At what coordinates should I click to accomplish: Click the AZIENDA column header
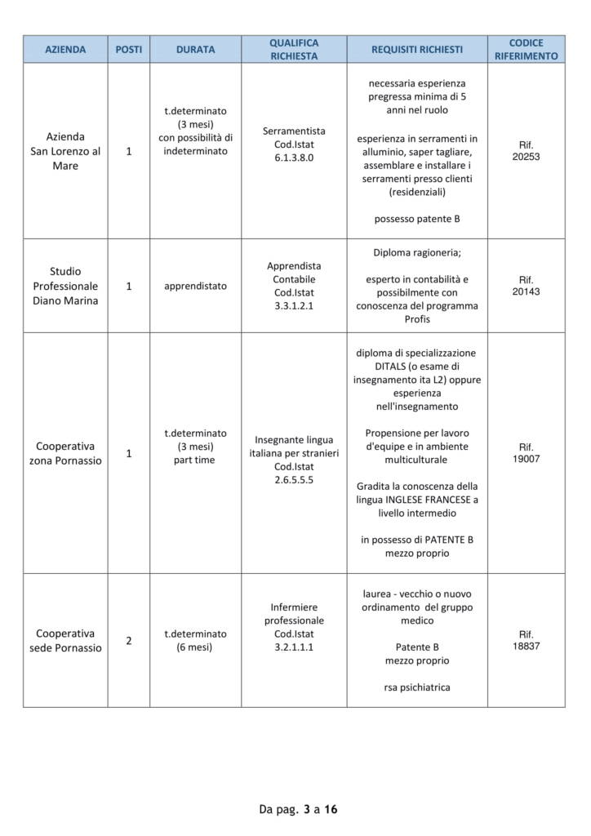(x=65, y=49)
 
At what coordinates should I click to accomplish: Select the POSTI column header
(x=128, y=49)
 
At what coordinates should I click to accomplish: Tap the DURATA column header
(x=195, y=49)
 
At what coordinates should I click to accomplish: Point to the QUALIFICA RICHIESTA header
(x=294, y=49)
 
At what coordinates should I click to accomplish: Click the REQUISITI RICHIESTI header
(x=416, y=49)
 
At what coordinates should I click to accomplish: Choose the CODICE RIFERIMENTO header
(x=526, y=49)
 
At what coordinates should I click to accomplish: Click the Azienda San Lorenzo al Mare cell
(x=65, y=151)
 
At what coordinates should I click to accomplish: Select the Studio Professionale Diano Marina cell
(x=65, y=286)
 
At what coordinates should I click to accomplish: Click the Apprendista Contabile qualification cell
(x=294, y=286)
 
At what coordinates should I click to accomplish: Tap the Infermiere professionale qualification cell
(x=294, y=627)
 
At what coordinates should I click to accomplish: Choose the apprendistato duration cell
(x=195, y=286)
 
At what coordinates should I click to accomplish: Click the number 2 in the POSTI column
(x=128, y=641)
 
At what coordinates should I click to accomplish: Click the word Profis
(x=416, y=319)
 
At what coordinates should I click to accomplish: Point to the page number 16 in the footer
(x=331, y=810)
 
